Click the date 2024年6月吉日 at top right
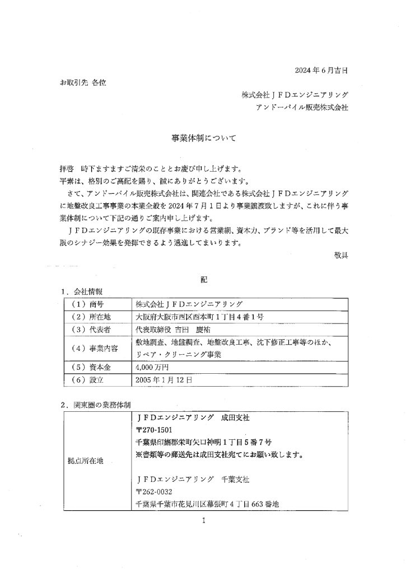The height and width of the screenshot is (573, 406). tap(320, 71)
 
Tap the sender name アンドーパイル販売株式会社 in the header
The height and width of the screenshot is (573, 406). tap(301, 106)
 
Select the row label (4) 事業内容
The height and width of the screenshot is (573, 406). tap(96, 348)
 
